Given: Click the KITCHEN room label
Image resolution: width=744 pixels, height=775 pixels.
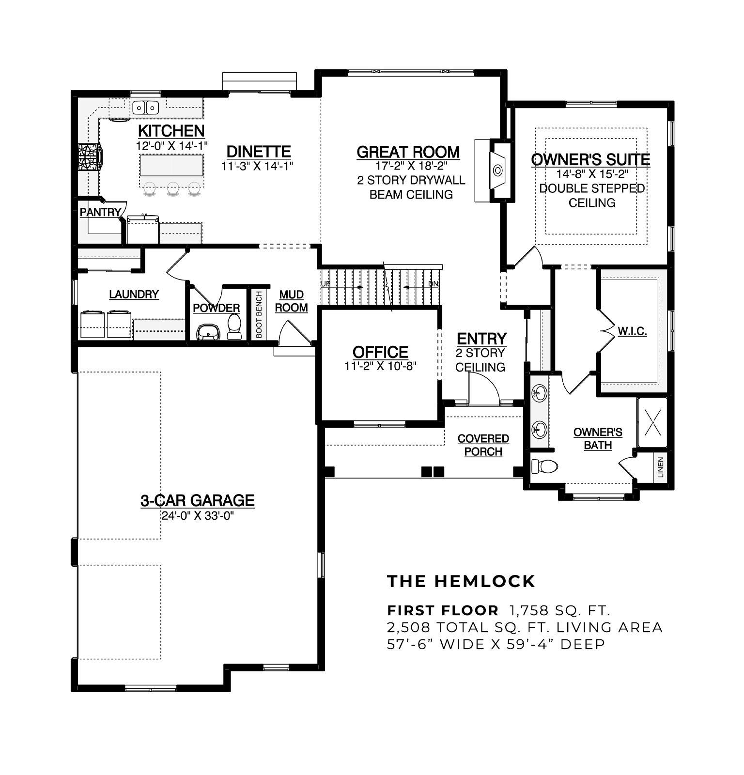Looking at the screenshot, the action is pos(171,131).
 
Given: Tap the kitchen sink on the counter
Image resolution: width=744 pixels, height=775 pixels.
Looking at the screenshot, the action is pos(145,107).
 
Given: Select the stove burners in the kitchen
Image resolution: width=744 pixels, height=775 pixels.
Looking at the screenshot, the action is pos(90,157).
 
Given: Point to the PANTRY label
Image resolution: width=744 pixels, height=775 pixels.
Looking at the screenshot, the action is pos(100,212).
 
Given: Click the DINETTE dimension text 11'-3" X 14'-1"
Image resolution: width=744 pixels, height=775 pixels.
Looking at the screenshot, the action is pos(257,166).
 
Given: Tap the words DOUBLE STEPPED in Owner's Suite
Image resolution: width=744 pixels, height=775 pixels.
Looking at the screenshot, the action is pos(592,188).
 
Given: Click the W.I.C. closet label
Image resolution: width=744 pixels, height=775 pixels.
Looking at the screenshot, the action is pos(632,332).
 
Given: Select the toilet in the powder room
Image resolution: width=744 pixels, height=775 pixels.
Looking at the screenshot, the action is pos(234,327).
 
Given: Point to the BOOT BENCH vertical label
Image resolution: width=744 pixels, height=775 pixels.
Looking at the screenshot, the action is pos(259,314).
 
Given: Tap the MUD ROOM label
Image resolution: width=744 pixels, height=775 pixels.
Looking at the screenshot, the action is pos(292,301).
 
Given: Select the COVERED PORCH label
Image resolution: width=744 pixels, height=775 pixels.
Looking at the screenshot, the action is pos(483,445).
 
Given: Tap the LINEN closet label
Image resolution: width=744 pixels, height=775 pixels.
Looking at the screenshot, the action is pos(661,467).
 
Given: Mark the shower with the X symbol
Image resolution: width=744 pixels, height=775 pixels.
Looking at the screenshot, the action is pos(653,422).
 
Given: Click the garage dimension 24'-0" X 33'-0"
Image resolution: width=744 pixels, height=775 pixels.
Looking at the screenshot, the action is pos(198,516).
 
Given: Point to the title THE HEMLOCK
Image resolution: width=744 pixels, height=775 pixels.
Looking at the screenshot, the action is pos(461,581).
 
